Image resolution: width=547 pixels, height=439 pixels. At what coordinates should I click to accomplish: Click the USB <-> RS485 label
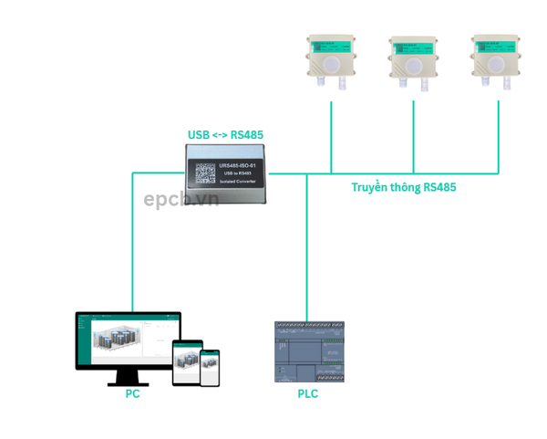pos(225,135)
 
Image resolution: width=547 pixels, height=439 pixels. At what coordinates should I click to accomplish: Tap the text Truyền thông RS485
pos(404,187)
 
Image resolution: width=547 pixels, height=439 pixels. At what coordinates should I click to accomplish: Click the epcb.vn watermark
pos(181,199)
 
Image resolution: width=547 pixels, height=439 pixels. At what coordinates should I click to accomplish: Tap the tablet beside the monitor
pos(185,361)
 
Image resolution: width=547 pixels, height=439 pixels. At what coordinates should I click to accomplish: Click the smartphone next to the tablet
pos(211,366)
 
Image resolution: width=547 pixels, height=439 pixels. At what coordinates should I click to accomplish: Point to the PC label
pos(133,394)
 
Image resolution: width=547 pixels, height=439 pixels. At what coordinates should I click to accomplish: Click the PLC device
pos(310,351)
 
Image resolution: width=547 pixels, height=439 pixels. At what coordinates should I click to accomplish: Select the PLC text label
pos(308,394)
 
